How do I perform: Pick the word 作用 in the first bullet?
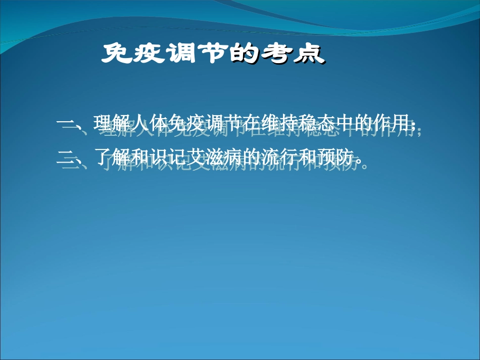pyautogui.click(x=391, y=124)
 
